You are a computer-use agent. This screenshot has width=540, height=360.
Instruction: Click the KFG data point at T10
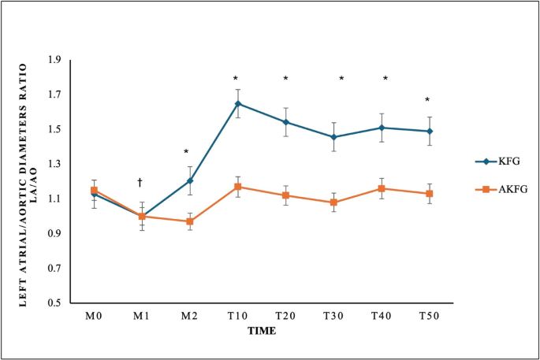pyautogui.click(x=237, y=103)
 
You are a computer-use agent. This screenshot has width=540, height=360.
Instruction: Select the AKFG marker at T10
pyautogui.click(x=237, y=187)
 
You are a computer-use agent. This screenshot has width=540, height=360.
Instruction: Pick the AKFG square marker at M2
pyautogui.click(x=189, y=221)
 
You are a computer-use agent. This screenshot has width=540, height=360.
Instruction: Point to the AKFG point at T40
pyautogui.click(x=382, y=188)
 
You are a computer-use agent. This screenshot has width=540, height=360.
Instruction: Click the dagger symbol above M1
pyautogui.click(x=140, y=182)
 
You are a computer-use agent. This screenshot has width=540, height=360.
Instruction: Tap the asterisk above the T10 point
pyautogui.click(x=236, y=79)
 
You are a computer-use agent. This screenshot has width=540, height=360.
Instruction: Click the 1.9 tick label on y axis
pyautogui.click(x=54, y=60)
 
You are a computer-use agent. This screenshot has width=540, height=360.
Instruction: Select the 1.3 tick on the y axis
pyautogui.click(x=54, y=164)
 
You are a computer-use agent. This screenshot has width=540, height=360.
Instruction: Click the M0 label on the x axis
pyautogui.click(x=93, y=316)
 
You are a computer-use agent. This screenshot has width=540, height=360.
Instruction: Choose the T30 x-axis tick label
pyautogui.click(x=333, y=316)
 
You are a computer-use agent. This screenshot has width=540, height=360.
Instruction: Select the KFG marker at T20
pyautogui.click(x=285, y=122)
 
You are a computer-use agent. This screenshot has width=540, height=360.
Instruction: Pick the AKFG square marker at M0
pyautogui.click(x=93, y=190)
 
